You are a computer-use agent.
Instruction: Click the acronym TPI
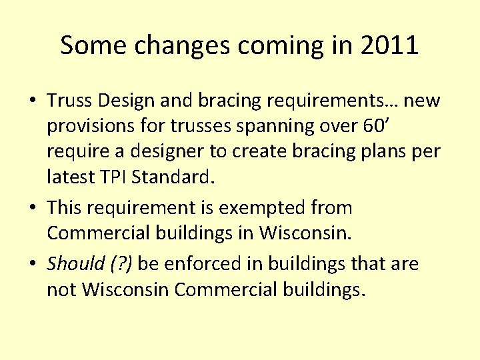point(123,177)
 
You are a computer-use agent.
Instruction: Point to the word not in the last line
point(61,291)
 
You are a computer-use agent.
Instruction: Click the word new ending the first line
point(422,101)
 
